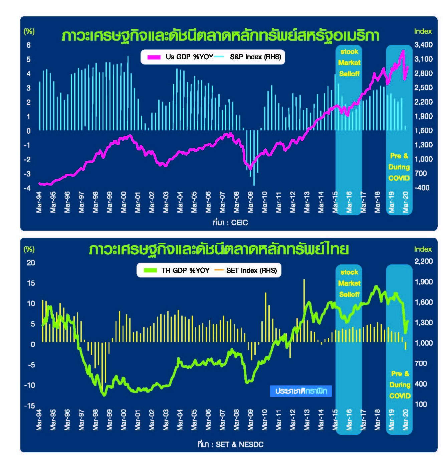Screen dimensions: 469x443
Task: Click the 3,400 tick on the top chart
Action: coord(423,45)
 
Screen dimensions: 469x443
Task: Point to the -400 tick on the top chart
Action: coord(423,188)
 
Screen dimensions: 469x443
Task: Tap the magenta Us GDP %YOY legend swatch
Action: coord(154,57)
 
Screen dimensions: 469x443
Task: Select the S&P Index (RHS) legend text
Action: coord(255,57)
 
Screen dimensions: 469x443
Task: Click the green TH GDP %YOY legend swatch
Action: coord(150,270)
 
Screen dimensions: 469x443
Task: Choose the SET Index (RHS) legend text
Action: coord(251,270)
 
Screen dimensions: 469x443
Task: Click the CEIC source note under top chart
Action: coord(230,223)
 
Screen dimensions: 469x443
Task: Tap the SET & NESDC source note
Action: coord(230,445)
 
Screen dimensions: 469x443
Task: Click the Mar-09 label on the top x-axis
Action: coord(250,202)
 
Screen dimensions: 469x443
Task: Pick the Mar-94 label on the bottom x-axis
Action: coord(39,420)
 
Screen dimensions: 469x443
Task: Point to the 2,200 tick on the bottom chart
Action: coord(423,261)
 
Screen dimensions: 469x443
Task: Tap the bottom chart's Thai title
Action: coord(219,250)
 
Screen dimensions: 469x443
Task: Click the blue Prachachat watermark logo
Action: coord(301,391)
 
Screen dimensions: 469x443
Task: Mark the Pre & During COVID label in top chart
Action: coord(399,167)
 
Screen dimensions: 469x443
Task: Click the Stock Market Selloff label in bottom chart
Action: coord(349,283)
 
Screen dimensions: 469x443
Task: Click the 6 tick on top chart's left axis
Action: coord(29,45)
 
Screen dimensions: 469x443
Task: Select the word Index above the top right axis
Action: coord(423,31)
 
